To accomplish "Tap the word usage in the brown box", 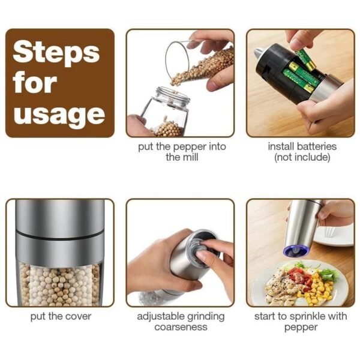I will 59,113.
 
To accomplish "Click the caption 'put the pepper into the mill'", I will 180,152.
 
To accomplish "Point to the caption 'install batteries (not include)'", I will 302,152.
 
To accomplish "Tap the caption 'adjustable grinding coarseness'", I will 180,322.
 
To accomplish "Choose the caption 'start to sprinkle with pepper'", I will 302,322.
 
